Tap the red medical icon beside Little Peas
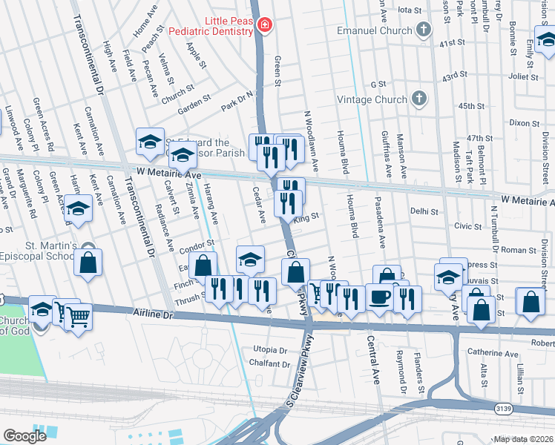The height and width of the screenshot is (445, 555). [x=264, y=27]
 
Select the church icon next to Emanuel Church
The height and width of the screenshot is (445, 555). [x=423, y=30]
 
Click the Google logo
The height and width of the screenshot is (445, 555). [x=24, y=436]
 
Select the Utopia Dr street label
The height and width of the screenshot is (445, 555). [x=270, y=349]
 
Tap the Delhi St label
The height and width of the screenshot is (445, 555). [x=425, y=211]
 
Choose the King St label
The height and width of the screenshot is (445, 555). [x=306, y=217]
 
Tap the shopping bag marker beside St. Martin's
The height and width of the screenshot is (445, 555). [x=88, y=263]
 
